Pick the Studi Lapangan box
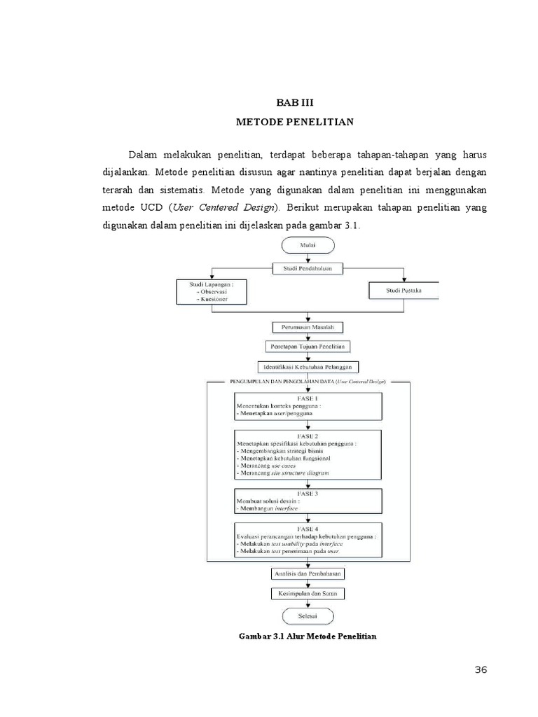click(210, 291)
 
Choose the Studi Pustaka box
click(403, 291)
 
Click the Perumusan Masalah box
click(308, 328)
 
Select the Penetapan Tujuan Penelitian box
click(308, 347)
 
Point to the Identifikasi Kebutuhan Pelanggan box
click(308, 366)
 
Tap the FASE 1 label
click(308, 398)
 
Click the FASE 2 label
click(308, 435)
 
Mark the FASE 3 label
click(308, 493)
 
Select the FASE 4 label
click(308, 527)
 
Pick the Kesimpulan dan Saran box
click(308, 594)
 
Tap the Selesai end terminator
click(308, 615)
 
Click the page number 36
click(481, 670)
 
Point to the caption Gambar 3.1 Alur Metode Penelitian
click(308, 636)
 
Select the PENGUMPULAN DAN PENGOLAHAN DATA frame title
click(308, 382)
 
